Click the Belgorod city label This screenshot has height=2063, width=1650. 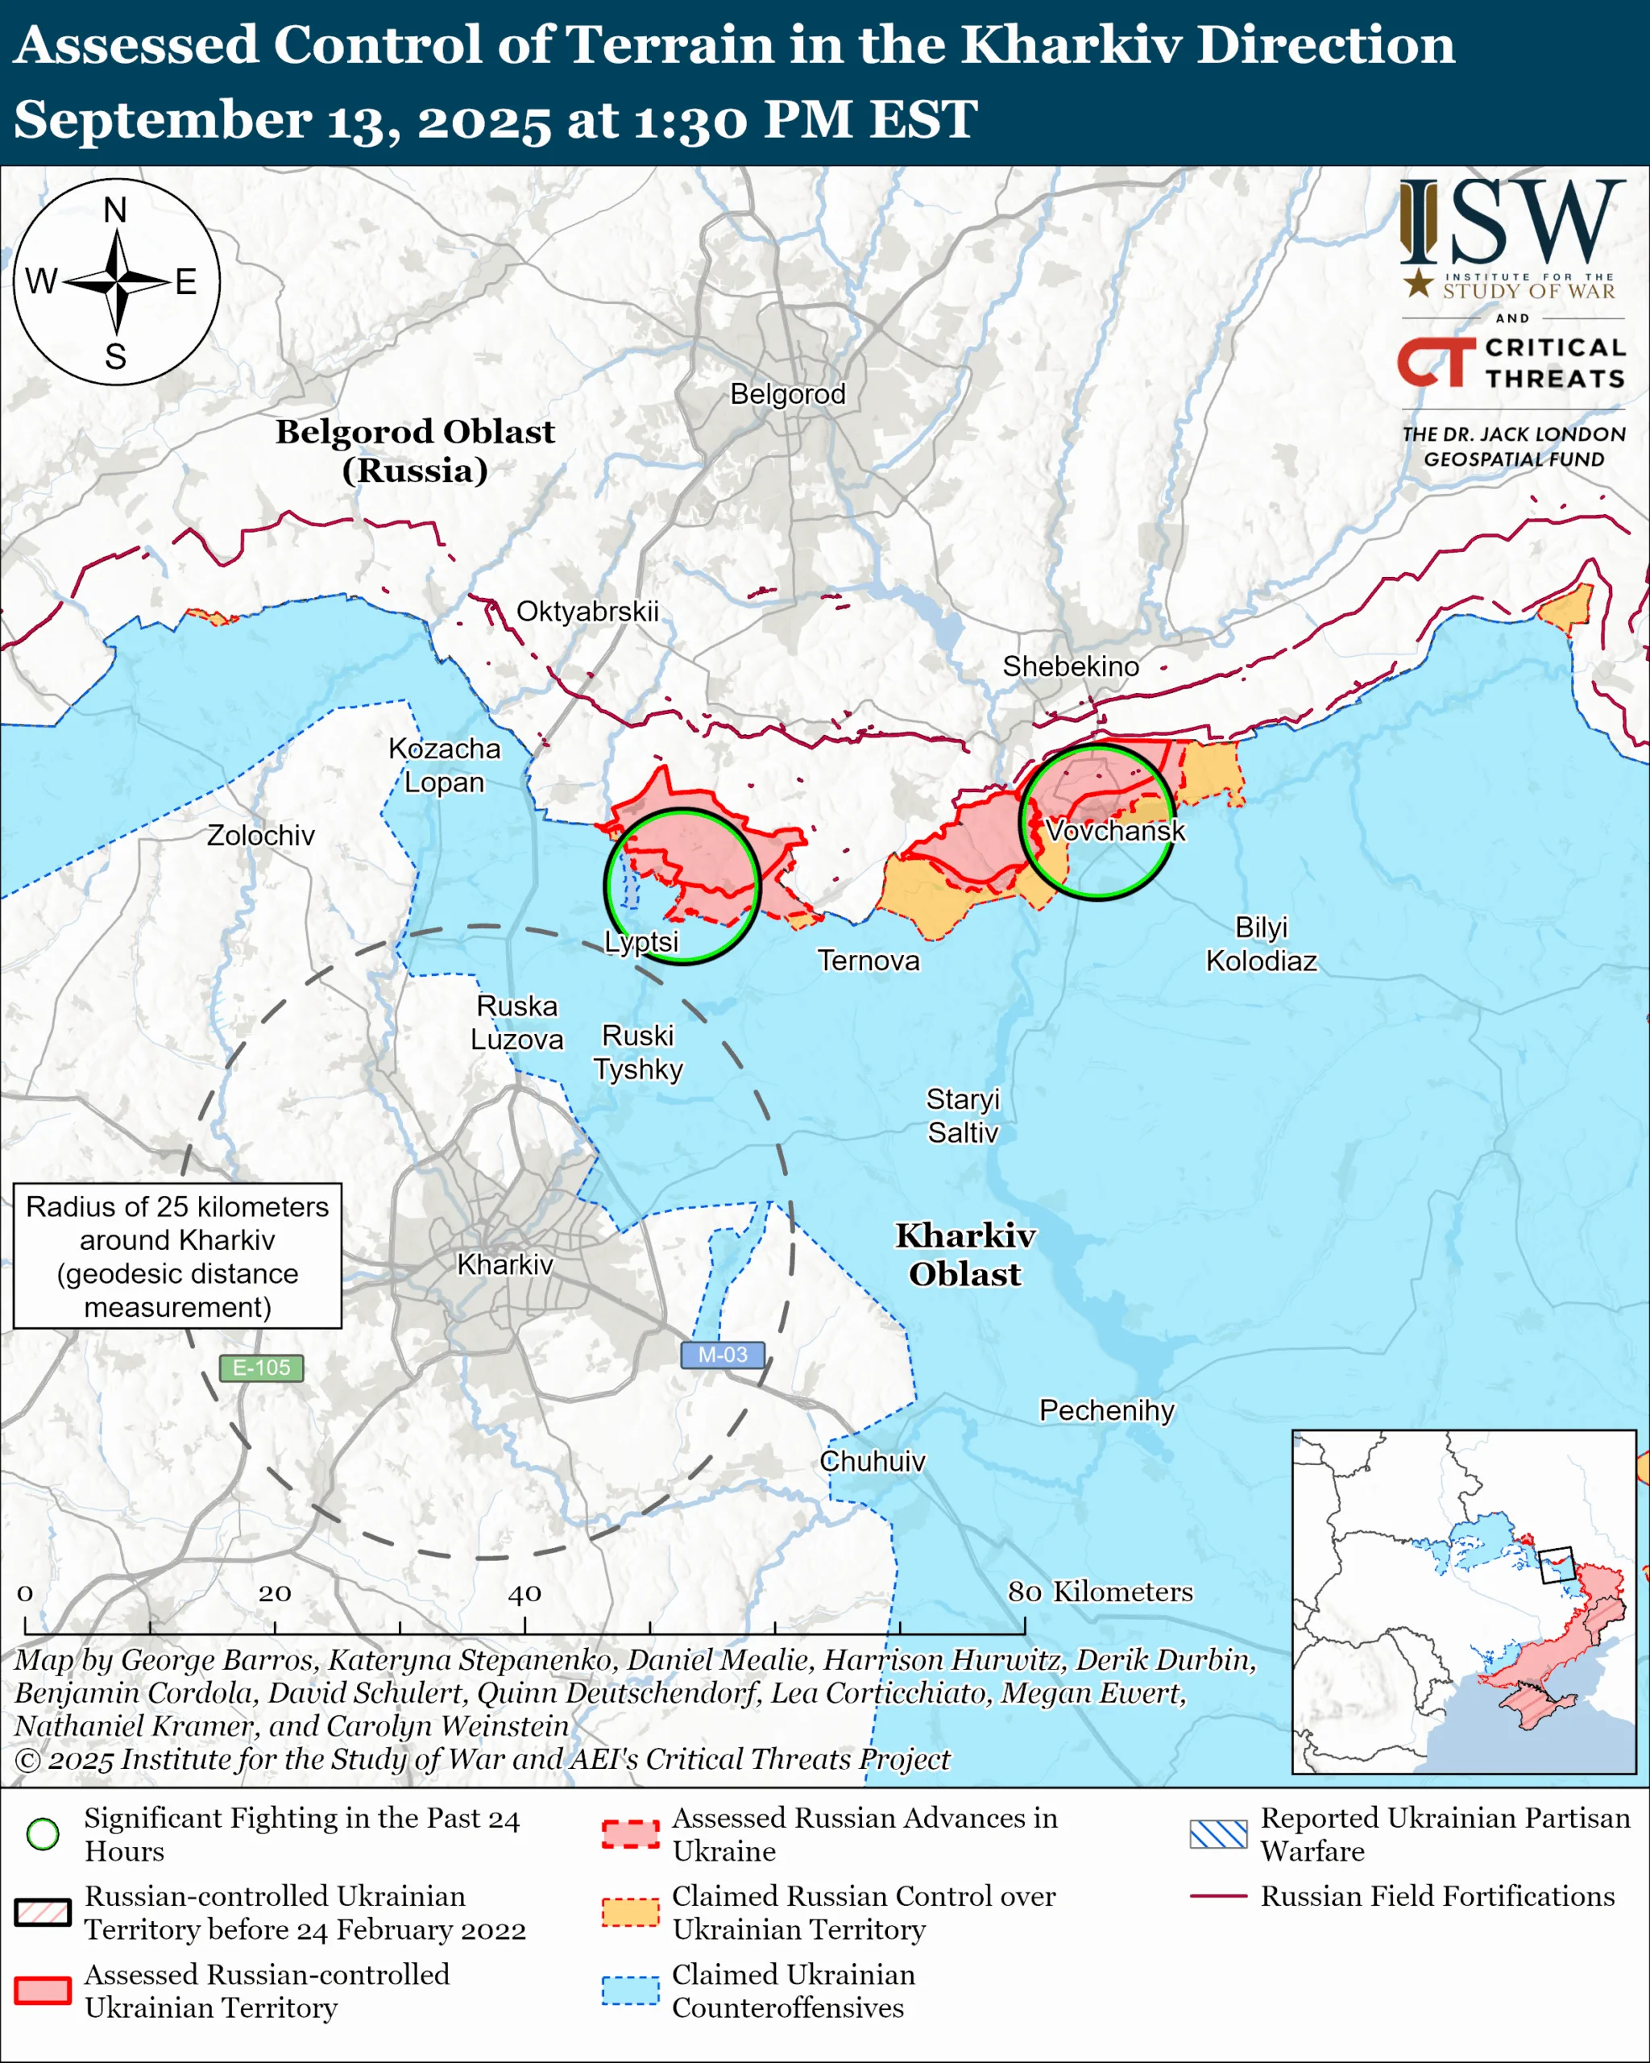[787, 394]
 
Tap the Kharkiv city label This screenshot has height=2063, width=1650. [505, 1265]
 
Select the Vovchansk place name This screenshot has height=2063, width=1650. [1115, 831]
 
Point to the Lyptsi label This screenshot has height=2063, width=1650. [642, 941]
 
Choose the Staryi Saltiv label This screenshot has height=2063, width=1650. [962, 1115]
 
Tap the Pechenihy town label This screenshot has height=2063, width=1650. [1107, 1410]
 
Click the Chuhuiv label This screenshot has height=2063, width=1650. [873, 1461]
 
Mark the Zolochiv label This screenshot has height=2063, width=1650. [261, 836]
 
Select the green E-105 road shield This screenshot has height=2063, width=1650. [261, 1368]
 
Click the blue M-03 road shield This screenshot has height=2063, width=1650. [722, 1355]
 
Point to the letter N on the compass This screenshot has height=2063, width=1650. [116, 210]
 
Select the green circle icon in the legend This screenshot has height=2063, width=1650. [43, 1834]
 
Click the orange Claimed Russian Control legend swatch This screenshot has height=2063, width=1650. [630, 1911]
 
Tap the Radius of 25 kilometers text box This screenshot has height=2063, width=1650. [177, 1256]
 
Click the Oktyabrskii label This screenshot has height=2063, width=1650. [587, 612]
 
